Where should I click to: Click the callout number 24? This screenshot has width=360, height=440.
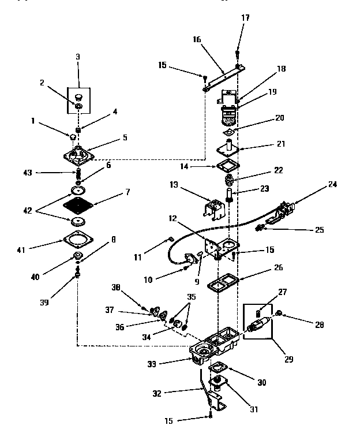pyautogui.click(x=332, y=185)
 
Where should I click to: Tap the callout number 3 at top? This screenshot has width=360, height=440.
pyautogui.click(x=78, y=57)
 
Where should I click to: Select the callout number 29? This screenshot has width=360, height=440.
pyautogui.click(x=288, y=359)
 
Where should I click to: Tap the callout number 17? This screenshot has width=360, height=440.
pyautogui.click(x=245, y=18)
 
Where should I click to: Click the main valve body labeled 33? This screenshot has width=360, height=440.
pyautogui.click(x=213, y=347)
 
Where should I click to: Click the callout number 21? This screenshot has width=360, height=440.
pyautogui.click(x=280, y=144)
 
